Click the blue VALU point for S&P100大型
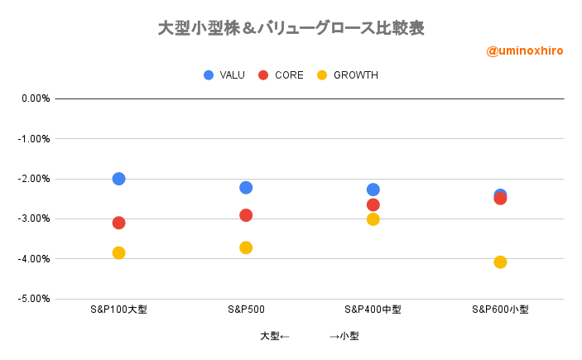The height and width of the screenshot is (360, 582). (x=118, y=179)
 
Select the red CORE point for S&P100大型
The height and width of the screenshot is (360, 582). (x=118, y=223)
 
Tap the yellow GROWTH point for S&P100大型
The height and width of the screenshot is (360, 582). (x=118, y=252)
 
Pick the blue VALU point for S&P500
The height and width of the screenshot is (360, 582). (x=246, y=188)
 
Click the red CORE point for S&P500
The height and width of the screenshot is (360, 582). (x=246, y=215)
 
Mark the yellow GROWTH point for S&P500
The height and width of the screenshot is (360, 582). (x=246, y=247)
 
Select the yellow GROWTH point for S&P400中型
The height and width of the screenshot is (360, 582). (x=373, y=219)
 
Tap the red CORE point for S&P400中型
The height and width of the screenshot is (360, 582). (x=373, y=204)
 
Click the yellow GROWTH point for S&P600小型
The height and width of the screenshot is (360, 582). (x=500, y=262)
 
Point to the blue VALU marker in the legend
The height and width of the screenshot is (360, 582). (x=209, y=75)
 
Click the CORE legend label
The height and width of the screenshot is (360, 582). (x=290, y=75)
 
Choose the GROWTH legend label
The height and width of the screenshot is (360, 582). (x=355, y=75)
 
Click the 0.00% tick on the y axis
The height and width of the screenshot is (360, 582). (x=36, y=98)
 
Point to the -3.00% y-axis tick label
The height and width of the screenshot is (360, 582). (x=35, y=218)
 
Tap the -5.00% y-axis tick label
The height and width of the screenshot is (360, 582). (x=35, y=299)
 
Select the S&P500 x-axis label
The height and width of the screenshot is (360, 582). (x=246, y=310)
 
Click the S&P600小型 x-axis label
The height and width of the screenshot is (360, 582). (x=500, y=310)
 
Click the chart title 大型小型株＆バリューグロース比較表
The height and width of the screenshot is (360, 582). (x=291, y=28)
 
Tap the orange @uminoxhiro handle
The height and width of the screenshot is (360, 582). (x=524, y=50)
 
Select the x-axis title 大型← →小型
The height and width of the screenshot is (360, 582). (x=309, y=336)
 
